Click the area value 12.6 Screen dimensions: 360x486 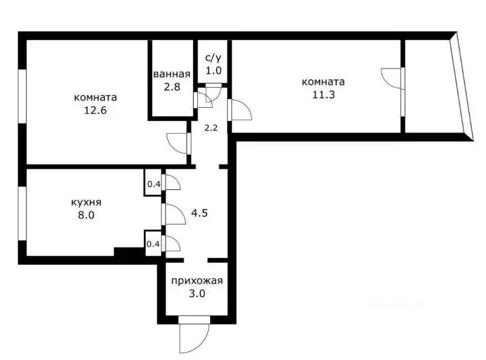pyautogui.click(x=95, y=109)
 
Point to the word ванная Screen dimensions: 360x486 pyautogui.click(x=172, y=75)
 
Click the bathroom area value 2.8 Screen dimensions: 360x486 pyautogui.click(x=172, y=86)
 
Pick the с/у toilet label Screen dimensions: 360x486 pyautogui.click(x=213, y=57)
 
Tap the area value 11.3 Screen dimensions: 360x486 pyautogui.click(x=323, y=94)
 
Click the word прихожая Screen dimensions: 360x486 pyautogui.click(x=197, y=280)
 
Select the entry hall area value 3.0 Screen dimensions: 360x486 pyautogui.click(x=197, y=294)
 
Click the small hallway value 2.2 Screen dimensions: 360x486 pyautogui.click(x=211, y=128)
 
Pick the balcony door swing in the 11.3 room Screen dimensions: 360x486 pyautogui.click(x=392, y=77)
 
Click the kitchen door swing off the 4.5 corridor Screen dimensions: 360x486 pyautogui.click(x=174, y=214)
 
